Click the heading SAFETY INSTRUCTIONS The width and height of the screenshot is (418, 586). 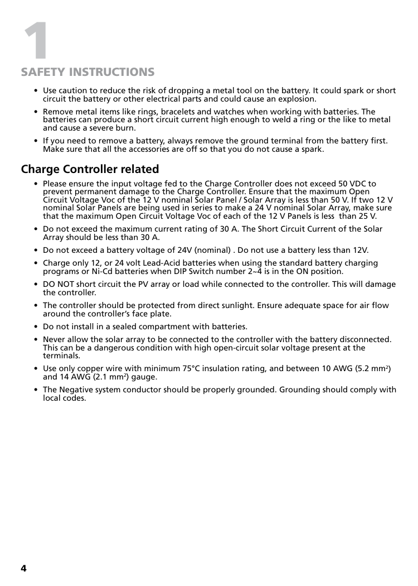[x=88, y=73]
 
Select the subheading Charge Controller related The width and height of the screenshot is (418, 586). [x=90, y=169]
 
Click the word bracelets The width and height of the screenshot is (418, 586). [x=179, y=112]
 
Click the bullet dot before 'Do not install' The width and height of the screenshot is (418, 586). [x=36, y=326]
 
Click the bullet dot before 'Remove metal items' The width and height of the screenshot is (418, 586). [x=36, y=112]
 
